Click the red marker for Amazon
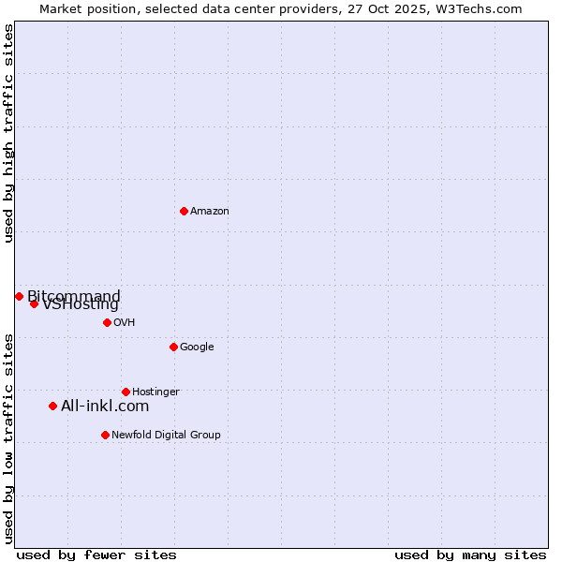tap(184, 211)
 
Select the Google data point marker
tap(173, 347)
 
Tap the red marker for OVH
tap(107, 322)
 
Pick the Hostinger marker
tap(126, 392)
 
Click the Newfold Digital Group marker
tap(105, 435)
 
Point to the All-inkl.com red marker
tap(52, 406)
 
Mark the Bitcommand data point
tap(19, 296)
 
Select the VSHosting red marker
tap(34, 303)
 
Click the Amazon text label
tap(210, 212)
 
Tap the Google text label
tap(197, 348)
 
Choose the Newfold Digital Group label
tap(166, 435)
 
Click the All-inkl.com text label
tap(105, 407)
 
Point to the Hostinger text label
tap(155, 392)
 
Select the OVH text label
tap(125, 323)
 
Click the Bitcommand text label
tap(74, 297)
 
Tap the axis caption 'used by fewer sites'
tap(96, 555)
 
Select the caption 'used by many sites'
tap(470, 555)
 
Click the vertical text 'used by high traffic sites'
tap(8, 133)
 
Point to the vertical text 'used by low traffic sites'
tap(8, 437)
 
